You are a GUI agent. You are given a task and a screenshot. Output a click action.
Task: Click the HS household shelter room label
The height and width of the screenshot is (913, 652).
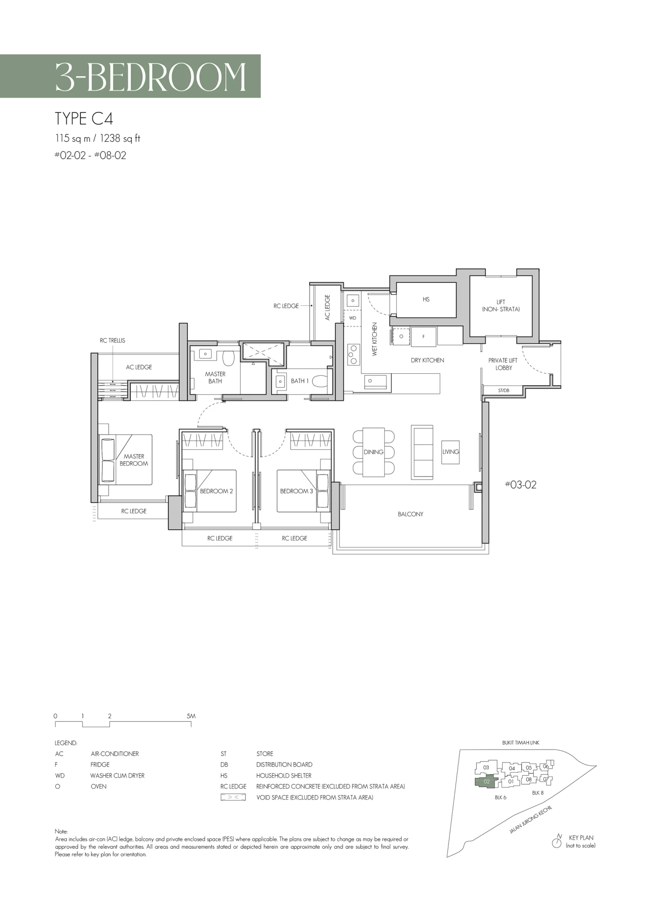(426, 300)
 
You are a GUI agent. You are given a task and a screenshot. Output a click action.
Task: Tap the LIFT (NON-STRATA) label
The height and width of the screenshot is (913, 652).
(501, 306)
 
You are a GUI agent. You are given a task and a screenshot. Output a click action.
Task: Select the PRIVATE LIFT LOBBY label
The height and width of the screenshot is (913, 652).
(503, 364)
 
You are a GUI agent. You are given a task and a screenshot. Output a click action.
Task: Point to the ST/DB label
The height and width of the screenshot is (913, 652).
(504, 390)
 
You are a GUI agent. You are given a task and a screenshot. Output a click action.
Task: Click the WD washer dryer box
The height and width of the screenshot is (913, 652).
(352, 318)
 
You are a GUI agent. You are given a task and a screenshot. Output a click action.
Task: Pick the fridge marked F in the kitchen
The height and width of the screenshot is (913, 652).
(424, 337)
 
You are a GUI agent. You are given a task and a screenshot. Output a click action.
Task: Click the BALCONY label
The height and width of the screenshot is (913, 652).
(410, 514)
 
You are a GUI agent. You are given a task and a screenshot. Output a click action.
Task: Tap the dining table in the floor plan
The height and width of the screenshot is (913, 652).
(374, 452)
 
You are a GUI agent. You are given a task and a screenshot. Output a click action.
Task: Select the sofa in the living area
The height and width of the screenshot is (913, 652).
(422, 452)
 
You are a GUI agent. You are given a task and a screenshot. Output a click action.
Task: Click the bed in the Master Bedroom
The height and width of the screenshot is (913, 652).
(125, 459)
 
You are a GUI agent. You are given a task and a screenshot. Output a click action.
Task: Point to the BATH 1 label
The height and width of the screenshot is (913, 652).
(300, 381)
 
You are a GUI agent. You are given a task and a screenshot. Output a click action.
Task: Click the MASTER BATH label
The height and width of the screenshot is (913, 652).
(215, 378)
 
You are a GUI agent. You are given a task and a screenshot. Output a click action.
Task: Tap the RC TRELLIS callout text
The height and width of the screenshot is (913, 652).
(113, 340)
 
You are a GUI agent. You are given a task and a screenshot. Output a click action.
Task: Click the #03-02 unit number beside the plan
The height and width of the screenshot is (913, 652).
(521, 485)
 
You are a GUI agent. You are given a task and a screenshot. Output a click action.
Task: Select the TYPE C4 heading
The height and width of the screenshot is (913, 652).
(84, 118)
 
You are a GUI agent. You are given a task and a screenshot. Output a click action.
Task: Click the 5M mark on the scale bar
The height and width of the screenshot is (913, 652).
(191, 716)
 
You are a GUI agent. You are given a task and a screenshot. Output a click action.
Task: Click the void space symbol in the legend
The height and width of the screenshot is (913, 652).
(233, 797)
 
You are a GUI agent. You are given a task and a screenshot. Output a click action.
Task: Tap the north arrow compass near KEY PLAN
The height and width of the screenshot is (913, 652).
(556, 843)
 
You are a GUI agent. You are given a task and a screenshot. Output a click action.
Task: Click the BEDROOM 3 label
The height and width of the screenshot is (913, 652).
(296, 491)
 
